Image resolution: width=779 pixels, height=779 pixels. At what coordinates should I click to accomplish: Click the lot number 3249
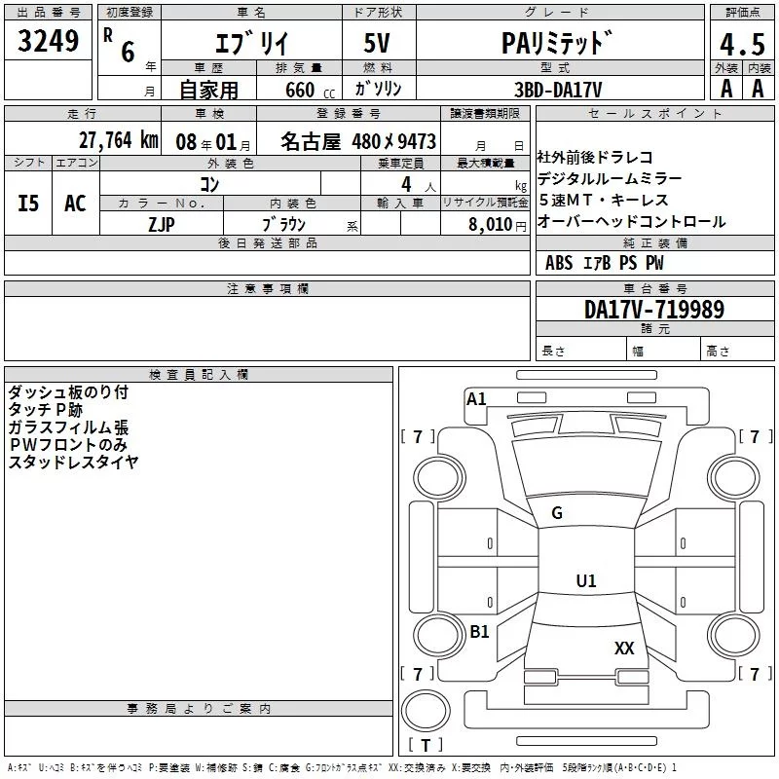(x=48, y=41)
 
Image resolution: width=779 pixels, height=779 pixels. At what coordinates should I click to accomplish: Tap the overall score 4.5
(x=742, y=44)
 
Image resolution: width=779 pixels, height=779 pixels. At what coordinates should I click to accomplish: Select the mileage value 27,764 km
(x=118, y=140)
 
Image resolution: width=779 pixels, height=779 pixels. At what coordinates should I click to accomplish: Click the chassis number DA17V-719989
(x=654, y=309)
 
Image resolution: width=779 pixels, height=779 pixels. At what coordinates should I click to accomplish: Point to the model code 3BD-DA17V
(x=558, y=90)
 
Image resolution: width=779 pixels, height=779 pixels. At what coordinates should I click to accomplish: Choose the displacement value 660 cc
(x=310, y=90)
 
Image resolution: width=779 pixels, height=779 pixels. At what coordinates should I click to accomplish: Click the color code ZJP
(x=162, y=224)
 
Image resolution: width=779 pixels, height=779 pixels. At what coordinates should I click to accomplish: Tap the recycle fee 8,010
(x=491, y=224)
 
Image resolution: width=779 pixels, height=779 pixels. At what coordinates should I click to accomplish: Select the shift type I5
(x=28, y=204)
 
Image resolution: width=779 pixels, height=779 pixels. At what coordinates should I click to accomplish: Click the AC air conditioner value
(x=75, y=204)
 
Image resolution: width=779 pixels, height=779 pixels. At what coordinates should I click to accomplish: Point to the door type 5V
(x=377, y=43)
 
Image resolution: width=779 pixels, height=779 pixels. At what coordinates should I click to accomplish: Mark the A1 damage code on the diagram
(x=476, y=399)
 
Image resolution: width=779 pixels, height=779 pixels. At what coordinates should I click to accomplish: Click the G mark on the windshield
(x=557, y=513)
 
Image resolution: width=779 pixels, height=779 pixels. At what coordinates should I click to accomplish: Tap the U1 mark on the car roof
(x=586, y=580)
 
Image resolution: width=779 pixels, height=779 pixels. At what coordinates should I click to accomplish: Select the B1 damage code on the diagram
(x=479, y=631)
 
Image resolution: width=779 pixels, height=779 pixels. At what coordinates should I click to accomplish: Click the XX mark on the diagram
(x=624, y=648)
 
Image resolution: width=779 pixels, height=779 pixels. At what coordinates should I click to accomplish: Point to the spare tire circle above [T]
(x=426, y=711)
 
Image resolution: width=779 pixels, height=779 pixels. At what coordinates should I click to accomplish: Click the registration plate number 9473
(x=417, y=141)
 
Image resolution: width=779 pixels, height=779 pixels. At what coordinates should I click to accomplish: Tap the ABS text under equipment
(x=559, y=263)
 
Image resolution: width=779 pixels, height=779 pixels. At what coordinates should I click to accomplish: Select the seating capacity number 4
(x=406, y=184)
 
